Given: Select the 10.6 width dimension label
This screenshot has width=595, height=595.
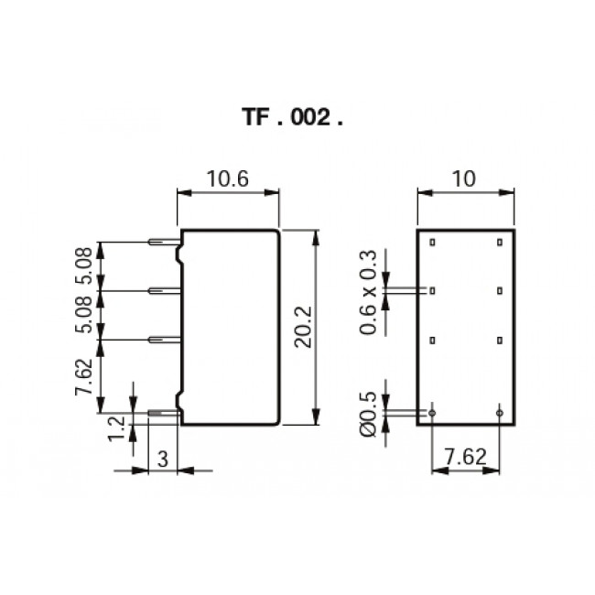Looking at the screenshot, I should (x=228, y=178).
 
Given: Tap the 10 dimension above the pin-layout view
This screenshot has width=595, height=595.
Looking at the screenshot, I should (x=464, y=178).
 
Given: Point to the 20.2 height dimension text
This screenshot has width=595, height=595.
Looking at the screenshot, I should (x=305, y=328).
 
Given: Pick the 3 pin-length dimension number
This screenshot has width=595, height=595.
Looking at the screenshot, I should (x=162, y=460).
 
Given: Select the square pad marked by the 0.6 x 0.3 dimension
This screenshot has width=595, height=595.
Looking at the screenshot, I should (x=432, y=291).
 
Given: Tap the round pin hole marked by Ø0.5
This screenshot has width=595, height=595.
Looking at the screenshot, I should (x=432, y=413).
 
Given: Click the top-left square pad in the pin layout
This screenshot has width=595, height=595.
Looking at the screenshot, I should (x=432, y=243).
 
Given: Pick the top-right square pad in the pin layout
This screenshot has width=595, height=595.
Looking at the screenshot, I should (x=500, y=243).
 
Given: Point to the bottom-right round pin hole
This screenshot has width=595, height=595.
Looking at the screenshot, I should (x=500, y=413).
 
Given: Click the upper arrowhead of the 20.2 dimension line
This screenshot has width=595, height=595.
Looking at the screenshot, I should (x=316, y=234).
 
